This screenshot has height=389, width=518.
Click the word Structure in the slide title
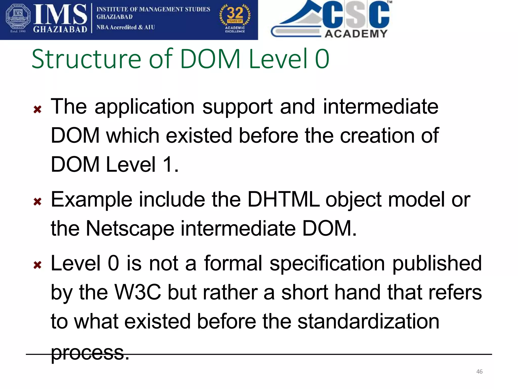[x=86, y=59]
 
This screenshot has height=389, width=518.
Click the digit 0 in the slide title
[x=322, y=59]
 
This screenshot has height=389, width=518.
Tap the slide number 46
[x=479, y=372]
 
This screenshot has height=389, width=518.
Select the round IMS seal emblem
[x=18, y=20]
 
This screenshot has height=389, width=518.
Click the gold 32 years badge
[x=235, y=18]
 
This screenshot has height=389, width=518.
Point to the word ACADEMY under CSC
[x=356, y=34]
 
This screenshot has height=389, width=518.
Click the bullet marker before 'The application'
[x=37, y=109]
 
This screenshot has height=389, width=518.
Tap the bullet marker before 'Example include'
[x=37, y=202]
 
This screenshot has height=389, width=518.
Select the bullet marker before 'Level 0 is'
[x=37, y=265]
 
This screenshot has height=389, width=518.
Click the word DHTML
[x=283, y=200]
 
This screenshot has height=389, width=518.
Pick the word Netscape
[x=130, y=229]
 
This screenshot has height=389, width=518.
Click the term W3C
[x=138, y=292]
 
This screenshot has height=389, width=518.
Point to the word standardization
[x=368, y=321]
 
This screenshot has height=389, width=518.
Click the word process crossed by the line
[x=90, y=353]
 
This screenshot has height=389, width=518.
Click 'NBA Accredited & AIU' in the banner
[x=125, y=27]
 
